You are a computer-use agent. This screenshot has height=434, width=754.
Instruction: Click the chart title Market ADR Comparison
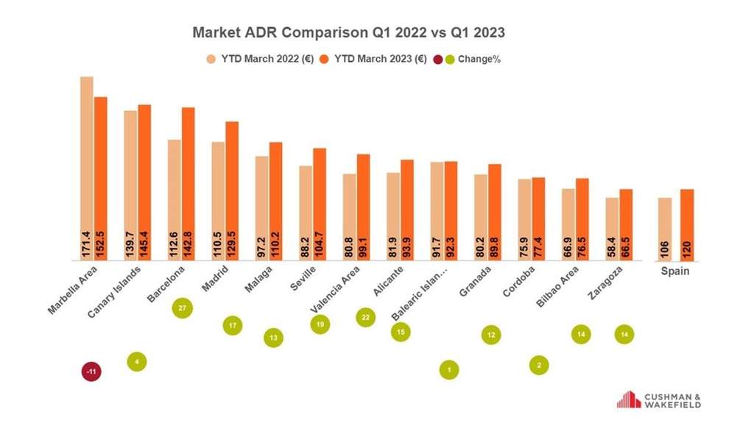click(x=348, y=33)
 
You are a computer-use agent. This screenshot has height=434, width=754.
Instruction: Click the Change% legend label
click(x=479, y=59)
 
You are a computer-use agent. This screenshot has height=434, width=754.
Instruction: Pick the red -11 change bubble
click(x=91, y=372)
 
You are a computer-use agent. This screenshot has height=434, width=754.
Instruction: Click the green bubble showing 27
click(x=183, y=307)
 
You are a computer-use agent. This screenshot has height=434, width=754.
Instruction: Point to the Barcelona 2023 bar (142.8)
click(x=188, y=184)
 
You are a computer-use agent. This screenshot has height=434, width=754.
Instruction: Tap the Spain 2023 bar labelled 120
click(x=687, y=224)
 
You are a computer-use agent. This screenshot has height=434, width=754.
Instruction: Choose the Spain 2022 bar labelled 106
click(x=665, y=229)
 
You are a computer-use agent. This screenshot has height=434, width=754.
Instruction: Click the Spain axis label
click(x=676, y=271)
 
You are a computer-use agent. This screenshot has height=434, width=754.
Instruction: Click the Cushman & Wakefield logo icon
click(x=629, y=399)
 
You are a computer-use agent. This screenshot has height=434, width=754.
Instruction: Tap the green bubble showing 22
click(x=365, y=318)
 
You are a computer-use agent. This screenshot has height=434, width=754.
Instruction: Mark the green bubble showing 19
click(x=320, y=324)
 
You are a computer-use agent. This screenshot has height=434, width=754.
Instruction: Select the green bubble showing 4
click(x=137, y=361)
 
